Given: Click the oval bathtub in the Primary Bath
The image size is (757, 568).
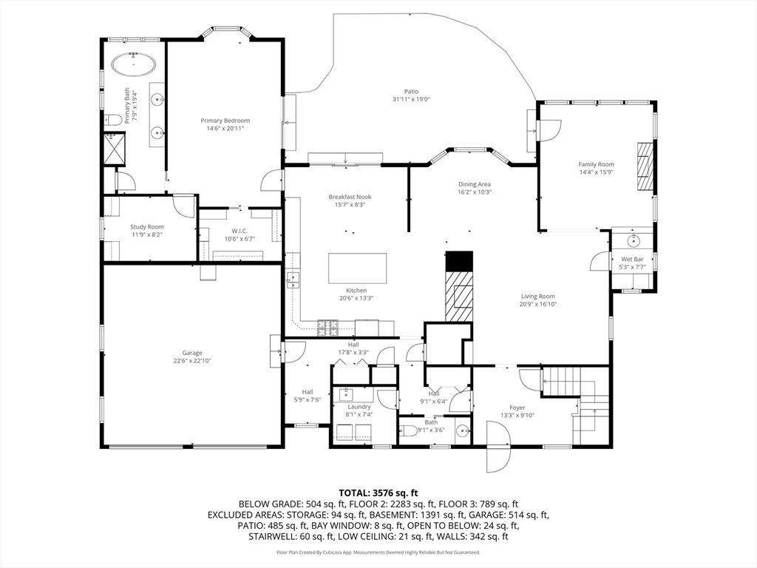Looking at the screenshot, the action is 134,64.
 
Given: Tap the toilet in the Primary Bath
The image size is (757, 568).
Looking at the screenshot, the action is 112,119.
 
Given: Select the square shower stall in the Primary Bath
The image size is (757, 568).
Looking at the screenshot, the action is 115,149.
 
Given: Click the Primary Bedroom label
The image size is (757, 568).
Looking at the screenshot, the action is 225,121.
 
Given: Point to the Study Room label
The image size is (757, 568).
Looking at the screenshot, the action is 147,226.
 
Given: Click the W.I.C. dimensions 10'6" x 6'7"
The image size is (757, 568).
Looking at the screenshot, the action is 240,239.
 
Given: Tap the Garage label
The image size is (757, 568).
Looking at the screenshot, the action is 192,353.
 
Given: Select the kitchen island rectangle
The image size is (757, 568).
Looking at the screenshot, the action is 358,268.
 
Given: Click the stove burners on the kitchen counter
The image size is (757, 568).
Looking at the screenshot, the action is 328,328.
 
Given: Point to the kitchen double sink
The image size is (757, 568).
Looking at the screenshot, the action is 293,280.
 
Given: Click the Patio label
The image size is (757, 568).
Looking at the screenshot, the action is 411,91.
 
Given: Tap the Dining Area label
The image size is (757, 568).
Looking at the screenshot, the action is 475,184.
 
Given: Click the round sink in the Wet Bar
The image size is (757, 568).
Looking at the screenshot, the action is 633,240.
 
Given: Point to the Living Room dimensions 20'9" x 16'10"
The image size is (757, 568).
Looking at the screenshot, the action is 538,304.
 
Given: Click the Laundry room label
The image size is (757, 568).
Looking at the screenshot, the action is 359,407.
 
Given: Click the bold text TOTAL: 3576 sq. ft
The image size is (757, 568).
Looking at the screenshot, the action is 378,493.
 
